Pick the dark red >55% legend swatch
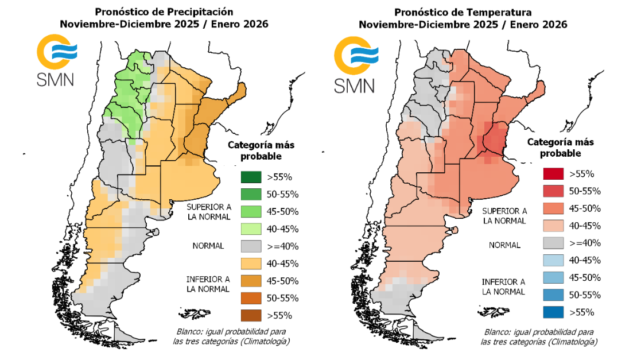tap(553, 174)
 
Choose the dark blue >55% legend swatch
tap(553, 312)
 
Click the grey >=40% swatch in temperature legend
tap(553, 243)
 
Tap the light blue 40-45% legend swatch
tap(553, 261)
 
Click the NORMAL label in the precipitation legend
tap(208, 246)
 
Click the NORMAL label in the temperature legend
tap(504, 245)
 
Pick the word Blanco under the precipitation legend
tap(190, 332)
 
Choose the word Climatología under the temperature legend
tap(572, 342)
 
